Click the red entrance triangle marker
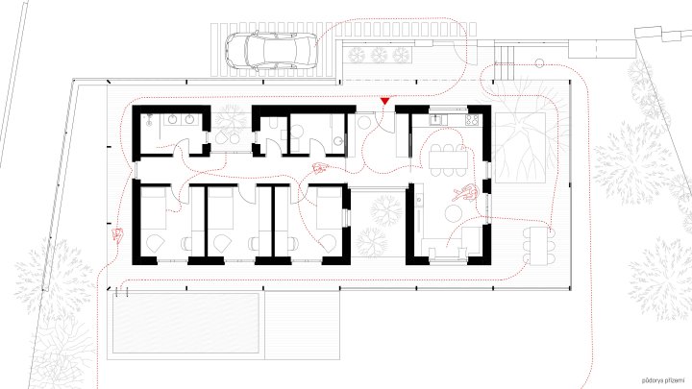pyautogui.click(x=384, y=101)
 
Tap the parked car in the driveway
pyautogui.click(x=271, y=50)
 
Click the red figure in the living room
pyautogui.click(x=465, y=193)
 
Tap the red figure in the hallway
pyautogui.click(x=320, y=167)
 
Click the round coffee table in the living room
pyautogui.click(x=454, y=214)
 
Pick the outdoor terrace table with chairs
pyautogui.click(x=537, y=246)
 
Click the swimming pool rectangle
pyautogui.click(x=185, y=323)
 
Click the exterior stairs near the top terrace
pyautogui.click(x=505, y=62)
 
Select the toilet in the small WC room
pyautogui.click(x=272, y=124)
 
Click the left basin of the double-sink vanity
pyautogui.click(x=172, y=119)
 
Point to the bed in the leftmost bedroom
pyautogui.click(x=153, y=207)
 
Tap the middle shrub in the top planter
pyautogui.click(x=379, y=55)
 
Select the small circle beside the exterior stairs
pyautogui.click(x=539, y=63)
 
